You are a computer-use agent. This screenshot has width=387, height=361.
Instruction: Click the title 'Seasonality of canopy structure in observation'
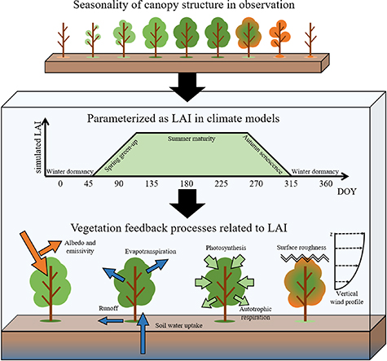click(x=194, y=9)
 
